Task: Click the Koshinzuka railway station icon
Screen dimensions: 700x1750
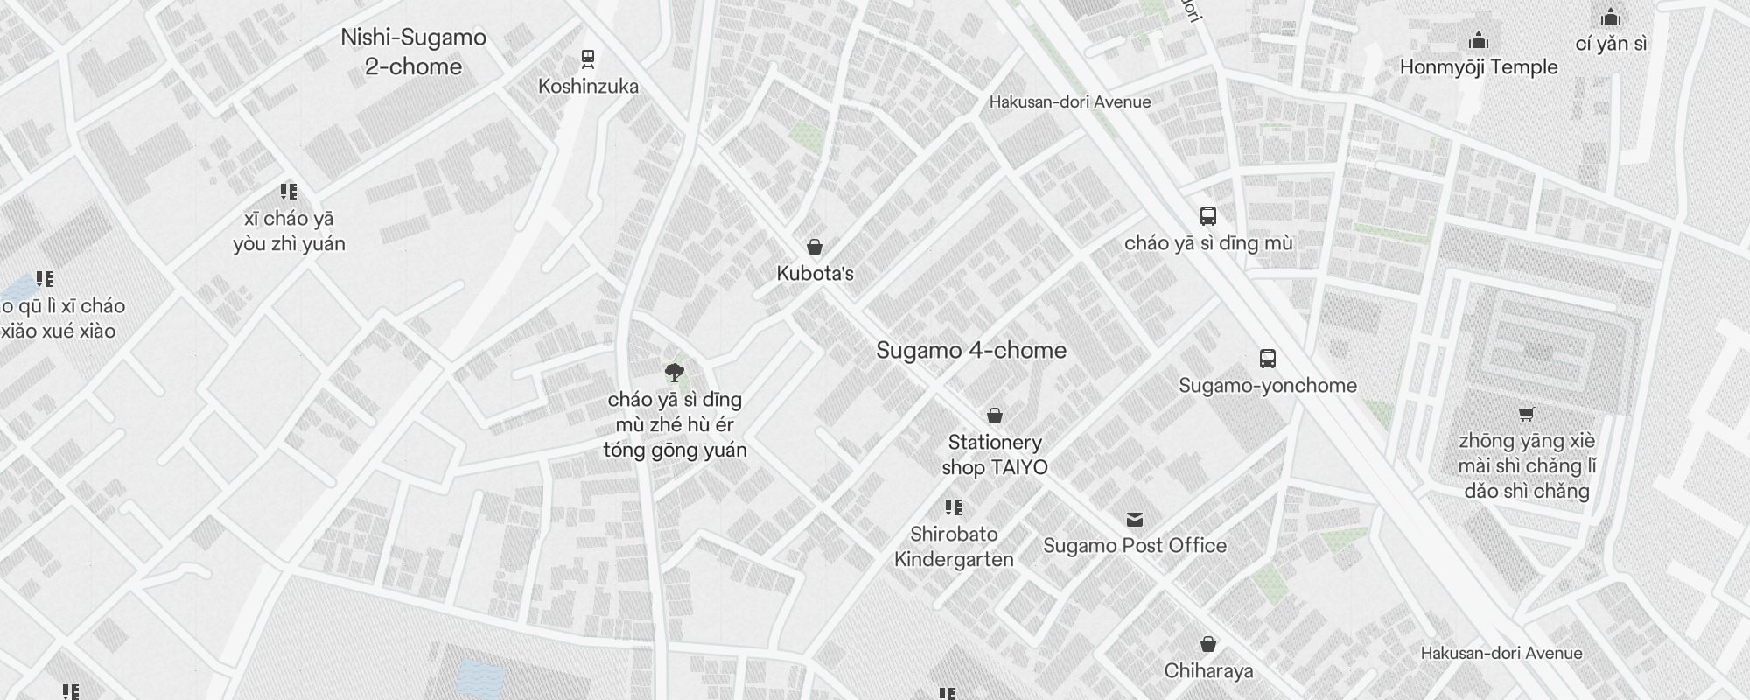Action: click(x=588, y=59)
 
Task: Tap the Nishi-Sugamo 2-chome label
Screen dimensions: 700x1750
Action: click(x=413, y=52)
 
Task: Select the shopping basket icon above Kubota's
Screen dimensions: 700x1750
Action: click(x=815, y=247)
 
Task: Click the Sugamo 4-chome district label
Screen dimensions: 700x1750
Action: click(x=971, y=350)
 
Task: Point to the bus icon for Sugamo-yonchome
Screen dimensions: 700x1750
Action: click(x=1267, y=358)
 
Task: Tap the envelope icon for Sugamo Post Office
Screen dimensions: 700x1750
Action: click(x=1135, y=520)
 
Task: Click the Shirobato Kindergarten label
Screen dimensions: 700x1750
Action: click(x=954, y=547)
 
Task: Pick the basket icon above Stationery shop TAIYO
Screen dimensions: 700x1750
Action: click(x=995, y=416)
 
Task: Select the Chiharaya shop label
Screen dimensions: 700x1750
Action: click(x=1208, y=671)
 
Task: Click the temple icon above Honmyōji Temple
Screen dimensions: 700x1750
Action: click(x=1479, y=40)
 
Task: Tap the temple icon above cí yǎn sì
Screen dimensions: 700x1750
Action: click(x=1611, y=17)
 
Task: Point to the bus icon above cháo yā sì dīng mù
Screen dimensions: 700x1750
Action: click(x=1208, y=216)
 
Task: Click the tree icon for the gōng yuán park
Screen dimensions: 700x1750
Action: click(x=674, y=374)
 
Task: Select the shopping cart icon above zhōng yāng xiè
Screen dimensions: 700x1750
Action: click(x=1527, y=414)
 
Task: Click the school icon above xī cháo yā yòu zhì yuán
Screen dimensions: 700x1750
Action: click(x=289, y=192)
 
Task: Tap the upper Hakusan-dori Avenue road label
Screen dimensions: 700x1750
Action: click(x=1070, y=101)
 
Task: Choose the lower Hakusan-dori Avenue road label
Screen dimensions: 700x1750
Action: click(x=1501, y=653)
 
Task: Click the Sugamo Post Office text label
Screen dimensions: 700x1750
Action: click(x=1135, y=545)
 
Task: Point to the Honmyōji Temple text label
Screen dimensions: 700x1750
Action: click(x=1479, y=66)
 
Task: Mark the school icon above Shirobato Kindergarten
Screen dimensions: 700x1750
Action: click(x=954, y=507)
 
